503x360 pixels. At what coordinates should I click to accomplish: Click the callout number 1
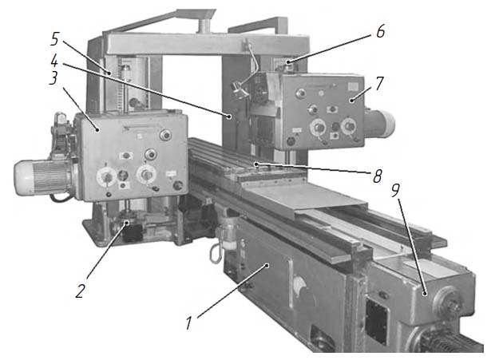[x=189, y=322]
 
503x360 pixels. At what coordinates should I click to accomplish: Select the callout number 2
[x=80, y=291]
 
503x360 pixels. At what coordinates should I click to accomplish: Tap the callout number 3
[x=54, y=78]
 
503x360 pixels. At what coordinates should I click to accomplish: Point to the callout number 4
[x=54, y=61]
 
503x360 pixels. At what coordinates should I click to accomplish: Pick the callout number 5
[x=55, y=39]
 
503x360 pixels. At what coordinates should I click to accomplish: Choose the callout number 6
[x=381, y=31]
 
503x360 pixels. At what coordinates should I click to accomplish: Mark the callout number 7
[x=379, y=83]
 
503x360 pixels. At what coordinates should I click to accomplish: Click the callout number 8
[x=378, y=176]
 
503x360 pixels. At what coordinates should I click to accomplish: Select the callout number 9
[x=395, y=190]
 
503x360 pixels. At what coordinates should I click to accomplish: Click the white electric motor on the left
[x=43, y=177]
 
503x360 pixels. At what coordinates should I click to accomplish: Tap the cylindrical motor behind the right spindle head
[x=379, y=124]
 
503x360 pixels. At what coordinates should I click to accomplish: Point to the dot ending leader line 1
[x=267, y=265]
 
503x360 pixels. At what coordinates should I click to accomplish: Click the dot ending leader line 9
[x=425, y=293]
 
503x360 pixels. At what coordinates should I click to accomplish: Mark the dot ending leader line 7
[x=351, y=101]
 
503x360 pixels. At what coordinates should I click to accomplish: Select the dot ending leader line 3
[x=97, y=129]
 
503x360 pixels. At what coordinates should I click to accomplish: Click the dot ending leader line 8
[x=256, y=164]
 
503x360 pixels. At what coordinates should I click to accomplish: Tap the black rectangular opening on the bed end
[x=377, y=322]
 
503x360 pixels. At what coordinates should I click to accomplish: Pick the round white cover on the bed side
[x=300, y=285]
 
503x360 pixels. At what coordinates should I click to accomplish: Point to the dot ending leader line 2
[x=128, y=223]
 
